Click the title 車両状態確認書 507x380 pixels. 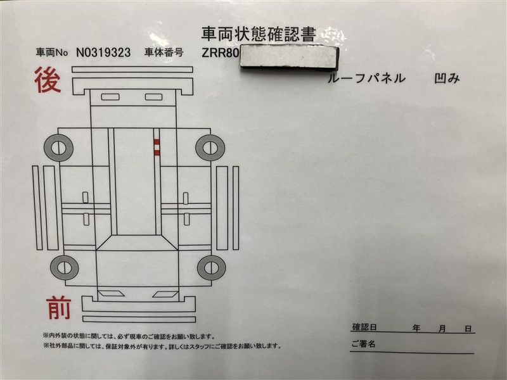(258, 34)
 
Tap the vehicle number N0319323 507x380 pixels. (103, 53)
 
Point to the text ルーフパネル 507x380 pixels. (366, 79)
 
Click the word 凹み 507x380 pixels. (447, 79)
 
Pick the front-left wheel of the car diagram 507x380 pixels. (63, 268)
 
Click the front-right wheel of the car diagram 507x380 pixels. (210, 268)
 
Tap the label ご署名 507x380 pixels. (363, 344)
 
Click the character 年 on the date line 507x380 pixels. (416, 329)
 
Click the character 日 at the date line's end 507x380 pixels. (468, 329)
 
